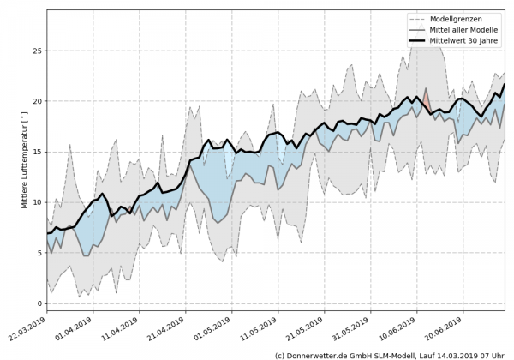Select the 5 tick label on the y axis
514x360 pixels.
tap(38, 253)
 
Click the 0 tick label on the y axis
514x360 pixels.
tap(38, 303)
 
